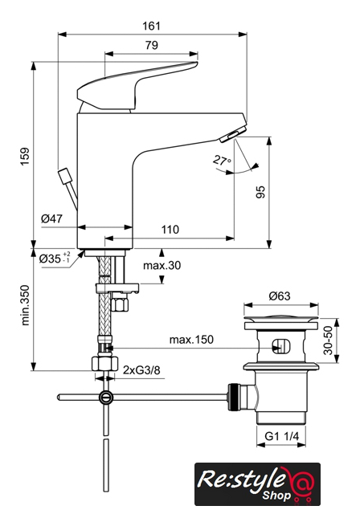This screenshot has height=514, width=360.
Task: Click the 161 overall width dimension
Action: [152, 26]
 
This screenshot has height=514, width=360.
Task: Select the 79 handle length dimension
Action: [152, 45]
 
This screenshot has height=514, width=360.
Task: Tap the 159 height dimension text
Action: [25, 157]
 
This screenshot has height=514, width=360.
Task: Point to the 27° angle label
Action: [222, 161]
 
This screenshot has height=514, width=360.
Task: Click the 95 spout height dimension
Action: [260, 192]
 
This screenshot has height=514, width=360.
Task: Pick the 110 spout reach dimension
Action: [170, 230]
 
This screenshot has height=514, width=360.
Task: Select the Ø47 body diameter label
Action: [51, 218]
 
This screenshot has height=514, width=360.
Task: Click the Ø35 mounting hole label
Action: [55, 259]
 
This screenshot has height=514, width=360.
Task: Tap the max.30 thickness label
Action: [162, 265]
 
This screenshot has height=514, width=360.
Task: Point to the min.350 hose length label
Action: [25, 305]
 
